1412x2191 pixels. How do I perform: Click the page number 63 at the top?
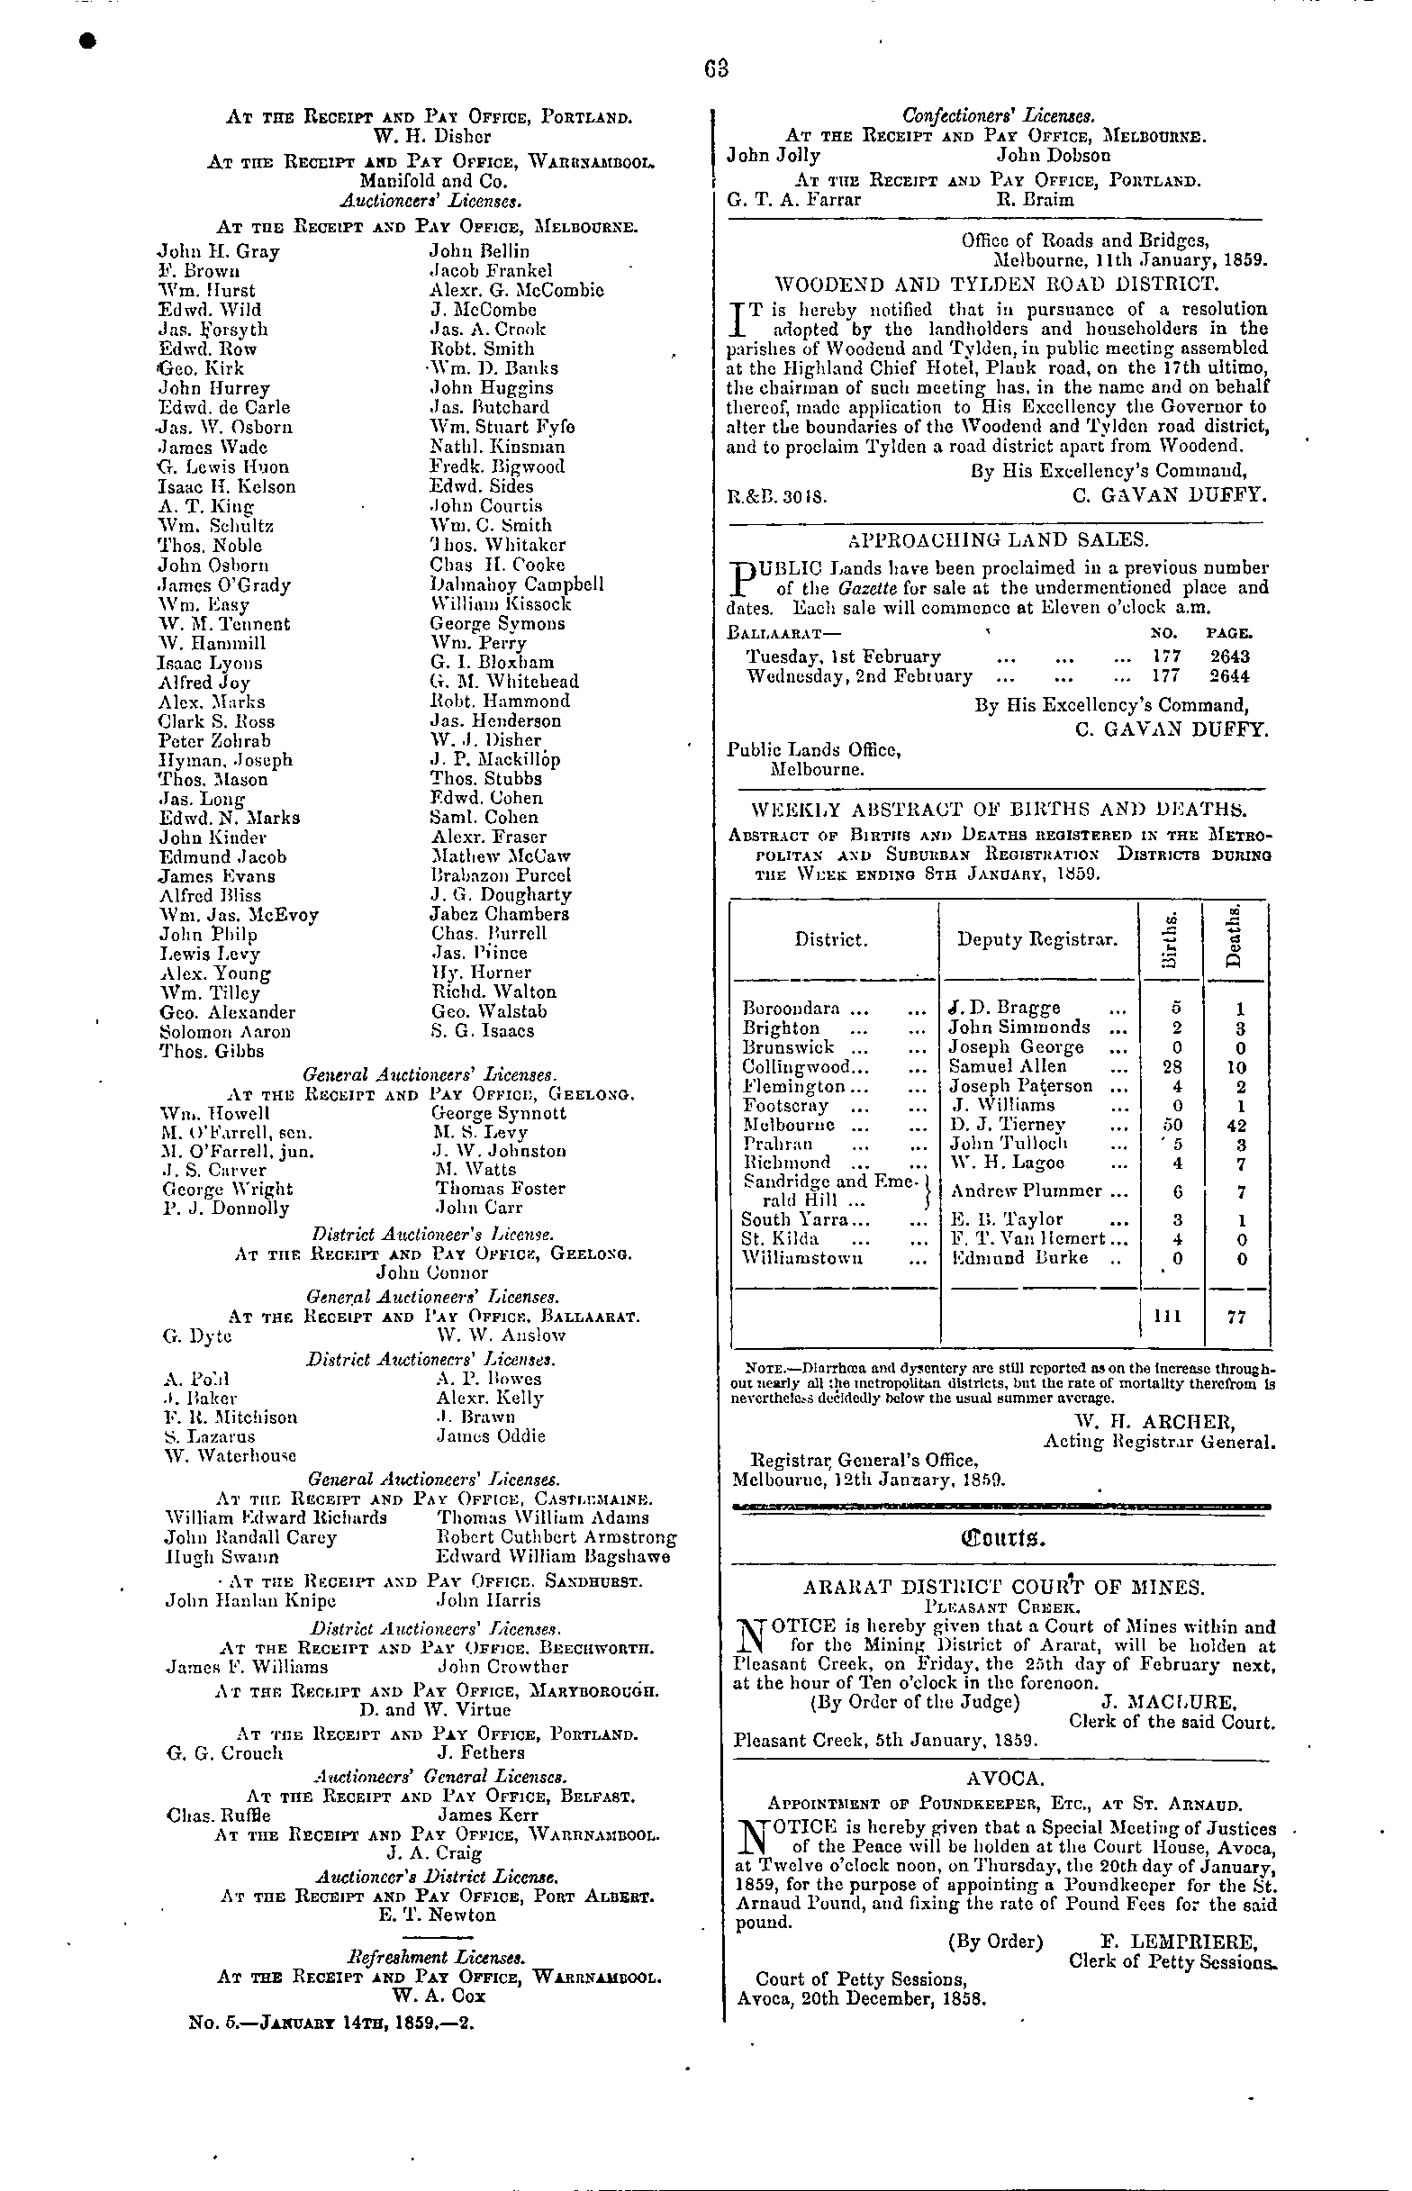[717, 69]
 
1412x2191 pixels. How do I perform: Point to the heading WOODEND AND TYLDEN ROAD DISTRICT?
[997, 284]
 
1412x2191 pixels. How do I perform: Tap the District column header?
[830, 939]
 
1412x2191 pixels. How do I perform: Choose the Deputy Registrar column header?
[1037, 939]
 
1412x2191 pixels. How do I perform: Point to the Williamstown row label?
[802, 1259]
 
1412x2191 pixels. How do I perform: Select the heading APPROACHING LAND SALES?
[999, 539]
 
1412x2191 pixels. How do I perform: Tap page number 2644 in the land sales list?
[1229, 676]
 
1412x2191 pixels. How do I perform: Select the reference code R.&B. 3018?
[777, 498]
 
